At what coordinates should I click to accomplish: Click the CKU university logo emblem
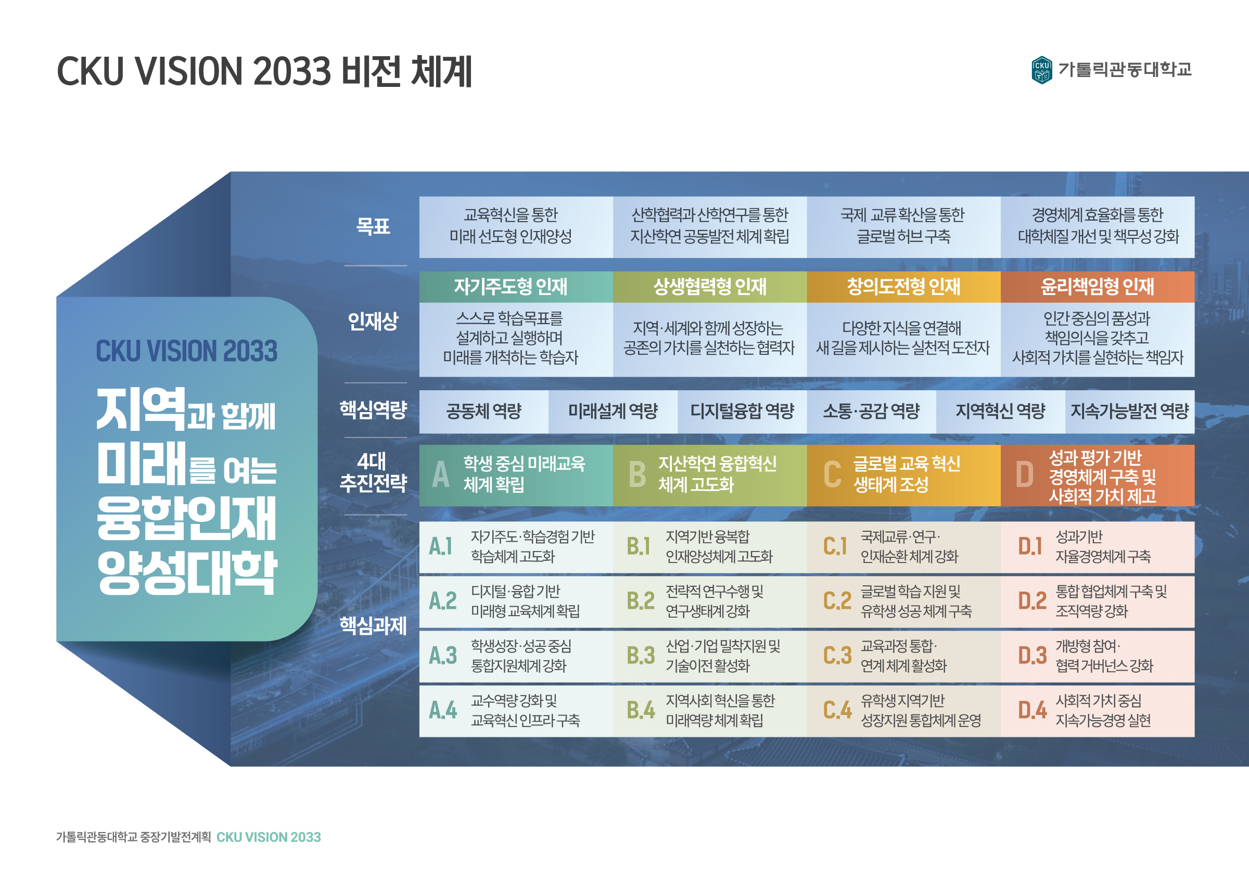click(x=1041, y=70)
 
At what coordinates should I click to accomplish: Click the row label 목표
click(x=373, y=226)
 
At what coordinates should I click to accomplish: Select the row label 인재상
click(x=373, y=321)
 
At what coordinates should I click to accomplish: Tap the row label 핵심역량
click(x=373, y=409)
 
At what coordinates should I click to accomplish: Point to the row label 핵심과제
click(x=373, y=625)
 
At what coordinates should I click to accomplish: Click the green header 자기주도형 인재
click(x=510, y=287)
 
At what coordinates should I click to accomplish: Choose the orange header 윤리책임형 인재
click(x=1097, y=287)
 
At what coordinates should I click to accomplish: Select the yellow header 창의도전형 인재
click(x=903, y=287)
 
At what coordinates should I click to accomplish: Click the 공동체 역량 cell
click(x=483, y=411)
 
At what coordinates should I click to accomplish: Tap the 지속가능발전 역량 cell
click(x=1129, y=411)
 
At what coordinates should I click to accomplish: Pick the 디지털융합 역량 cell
click(x=742, y=411)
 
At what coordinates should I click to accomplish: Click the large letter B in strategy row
click(x=637, y=475)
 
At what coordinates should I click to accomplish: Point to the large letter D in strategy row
click(x=1024, y=475)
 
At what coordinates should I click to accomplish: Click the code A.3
click(x=443, y=656)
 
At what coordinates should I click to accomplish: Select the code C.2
click(x=837, y=601)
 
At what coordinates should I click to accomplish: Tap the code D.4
click(x=1032, y=711)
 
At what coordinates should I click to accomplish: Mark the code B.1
click(x=639, y=546)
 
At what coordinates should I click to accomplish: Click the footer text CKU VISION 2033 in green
click(x=269, y=837)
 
